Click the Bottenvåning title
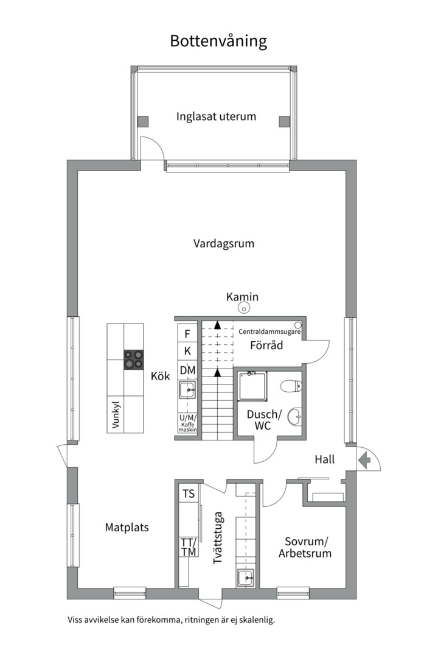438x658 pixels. click(x=218, y=41)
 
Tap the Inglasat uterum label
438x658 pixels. click(x=216, y=116)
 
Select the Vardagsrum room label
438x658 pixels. click(x=224, y=244)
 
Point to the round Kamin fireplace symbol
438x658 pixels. click(x=243, y=308)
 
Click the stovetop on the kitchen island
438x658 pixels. click(x=134, y=359)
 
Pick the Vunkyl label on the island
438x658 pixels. click(x=116, y=416)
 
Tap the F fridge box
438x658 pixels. click(x=187, y=334)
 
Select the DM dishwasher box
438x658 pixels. click(x=187, y=370)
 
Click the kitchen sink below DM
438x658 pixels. click(x=187, y=391)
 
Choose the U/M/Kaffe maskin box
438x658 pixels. click(x=188, y=423)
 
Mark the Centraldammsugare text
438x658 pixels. click(x=269, y=331)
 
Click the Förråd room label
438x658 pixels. click(x=266, y=345)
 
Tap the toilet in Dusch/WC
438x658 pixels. click(x=291, y=386)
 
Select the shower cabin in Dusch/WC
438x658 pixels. click(x=252, y=386)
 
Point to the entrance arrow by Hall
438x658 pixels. click(x=364, y=460)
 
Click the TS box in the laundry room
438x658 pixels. click(x=189, y=493)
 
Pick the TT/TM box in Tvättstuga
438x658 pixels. click(x=189, y=547)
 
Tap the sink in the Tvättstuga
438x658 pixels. click(x=246, y=578)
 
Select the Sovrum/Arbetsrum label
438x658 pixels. click(x=305, y=547)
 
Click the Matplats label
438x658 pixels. click(x=127, y=528)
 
